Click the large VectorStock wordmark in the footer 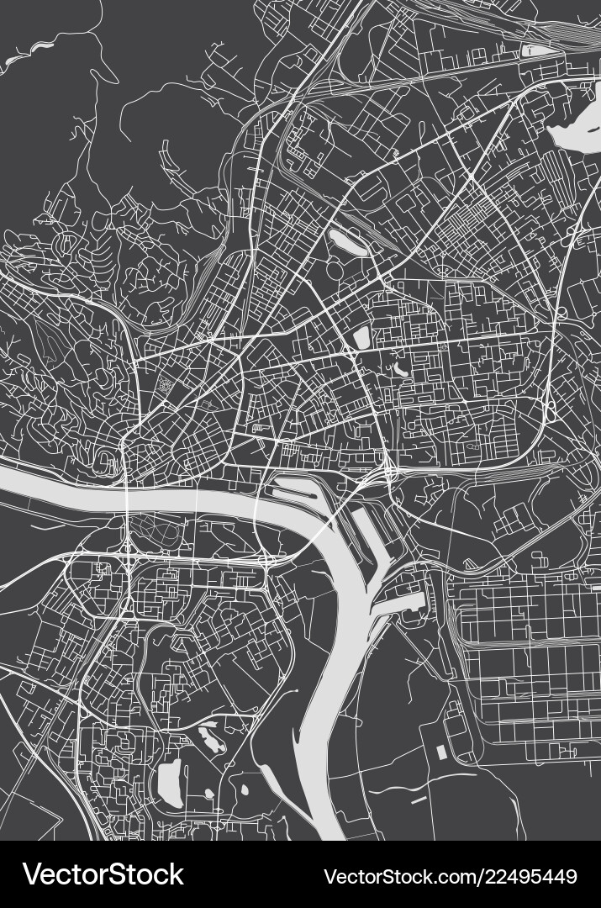click(x=103, y=874)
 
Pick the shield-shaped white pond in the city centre click(x=362, y=336)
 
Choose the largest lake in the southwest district click(x=171, y=781)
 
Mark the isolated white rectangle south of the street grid click(x=440, y=752)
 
